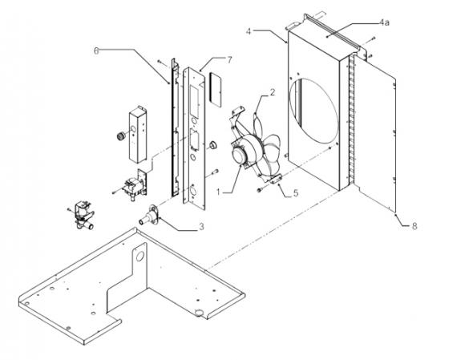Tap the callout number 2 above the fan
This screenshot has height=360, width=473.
pos(272,93)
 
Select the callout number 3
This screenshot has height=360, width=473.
pos(201,227)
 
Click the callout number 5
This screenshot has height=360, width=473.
pos(296,194)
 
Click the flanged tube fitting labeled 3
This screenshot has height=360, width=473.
pos(149,216)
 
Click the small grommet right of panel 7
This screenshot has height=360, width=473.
pos(214,144)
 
